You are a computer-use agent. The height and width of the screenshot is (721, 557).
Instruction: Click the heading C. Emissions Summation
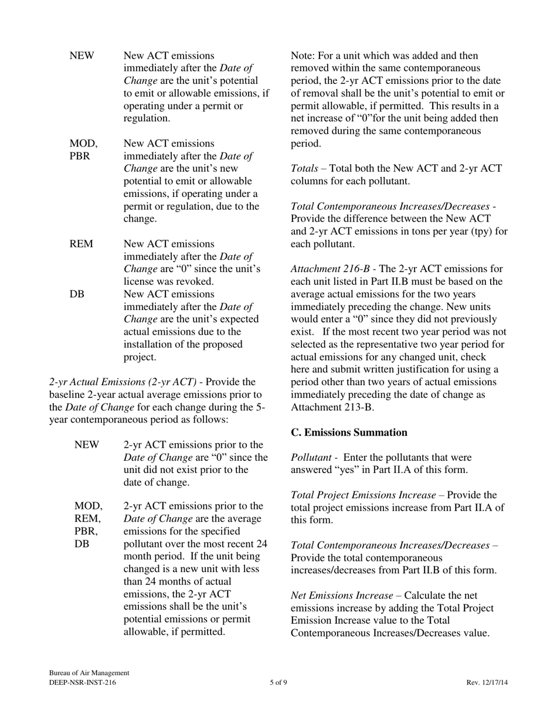[349, 433]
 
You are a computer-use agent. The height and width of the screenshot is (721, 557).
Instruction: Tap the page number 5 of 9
[278, 682]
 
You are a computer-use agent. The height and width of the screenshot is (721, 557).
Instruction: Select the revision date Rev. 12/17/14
[487, 682]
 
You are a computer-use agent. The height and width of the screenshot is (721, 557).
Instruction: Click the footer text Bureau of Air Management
[89, 673]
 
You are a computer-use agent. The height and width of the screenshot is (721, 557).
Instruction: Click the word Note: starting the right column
[303, 56]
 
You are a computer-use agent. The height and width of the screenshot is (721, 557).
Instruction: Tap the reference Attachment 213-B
[331, 407]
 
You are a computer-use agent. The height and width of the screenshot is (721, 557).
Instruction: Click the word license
[140, 281]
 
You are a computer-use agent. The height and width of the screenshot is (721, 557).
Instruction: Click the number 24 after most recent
[260, 543]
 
